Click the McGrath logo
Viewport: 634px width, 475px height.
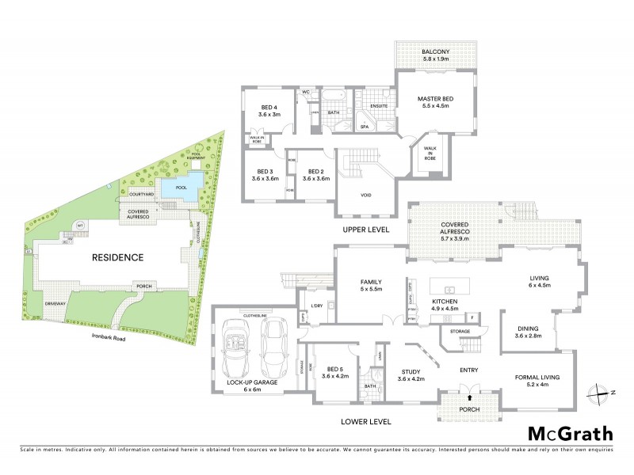point(571,433)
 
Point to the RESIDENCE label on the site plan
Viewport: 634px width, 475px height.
point(116,257)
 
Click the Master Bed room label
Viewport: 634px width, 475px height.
point(433,102)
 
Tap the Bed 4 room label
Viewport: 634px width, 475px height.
point(270,111)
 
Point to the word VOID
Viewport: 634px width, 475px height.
point(366,195)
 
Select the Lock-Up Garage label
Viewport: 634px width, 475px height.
point(252,386)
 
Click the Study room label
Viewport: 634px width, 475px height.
point(411,376)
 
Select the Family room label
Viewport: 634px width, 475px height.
point(371,286)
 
